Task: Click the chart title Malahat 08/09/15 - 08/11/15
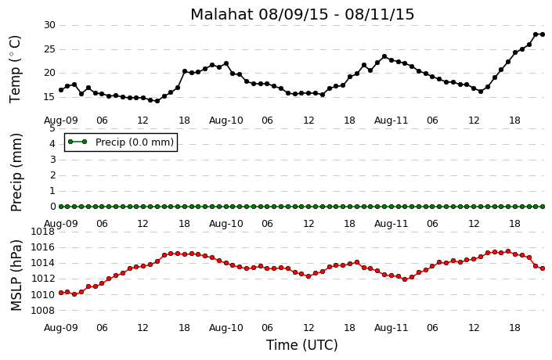tap(302, 14)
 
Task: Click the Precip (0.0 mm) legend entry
tap(121, 142)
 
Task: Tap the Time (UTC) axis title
tap(301, 345)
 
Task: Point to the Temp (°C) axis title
tap(16, 70)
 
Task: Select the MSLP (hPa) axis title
tap(16, 275)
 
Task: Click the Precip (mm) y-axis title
tap(16, 172)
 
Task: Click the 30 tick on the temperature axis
tap(49, 25)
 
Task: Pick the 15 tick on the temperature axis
tap(49, 97)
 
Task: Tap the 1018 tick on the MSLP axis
tap(43, 232)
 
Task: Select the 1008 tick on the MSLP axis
tap(43, 311)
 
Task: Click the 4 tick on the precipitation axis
tap(52, 144)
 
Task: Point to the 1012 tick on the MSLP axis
tap(43, 279)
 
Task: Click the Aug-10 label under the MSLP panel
tap(226, 328)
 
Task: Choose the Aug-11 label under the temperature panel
tap(391, 121)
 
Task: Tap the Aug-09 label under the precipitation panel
tap(60, 224)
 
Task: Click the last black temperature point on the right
tap(543, 34)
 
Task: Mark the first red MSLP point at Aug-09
tap(61, 293)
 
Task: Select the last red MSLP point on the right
tap(543, 268)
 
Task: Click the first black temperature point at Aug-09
tap(61, 90)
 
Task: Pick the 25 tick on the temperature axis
tap(49, 49)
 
